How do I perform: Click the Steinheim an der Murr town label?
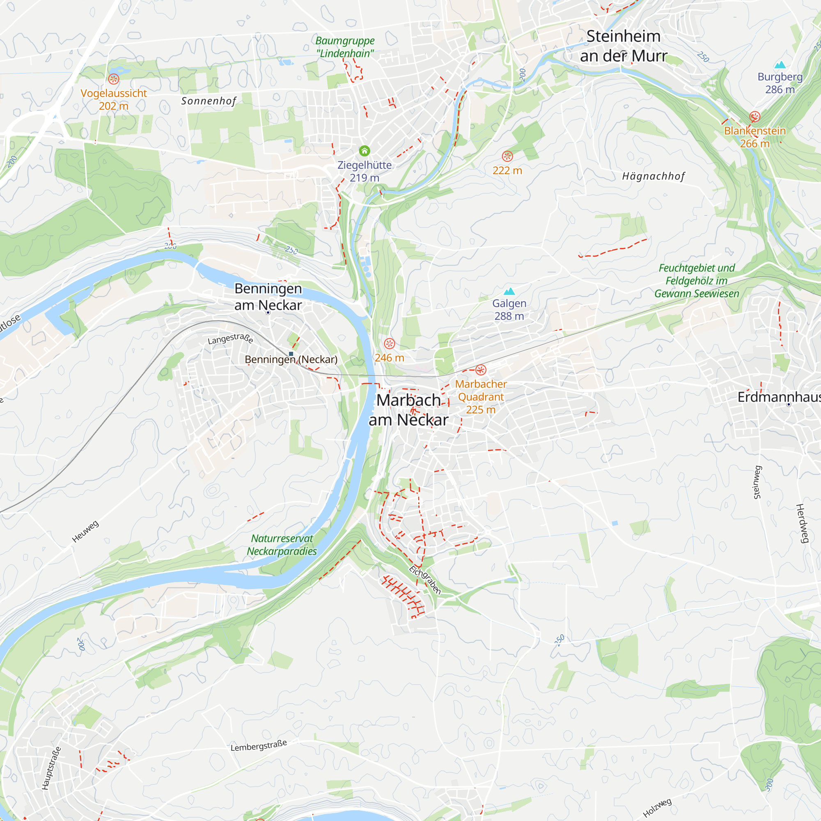point(623,46)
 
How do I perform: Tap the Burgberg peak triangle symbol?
point(780,65)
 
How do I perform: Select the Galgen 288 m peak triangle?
point(509,291)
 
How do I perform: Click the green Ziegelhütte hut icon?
point(364,151)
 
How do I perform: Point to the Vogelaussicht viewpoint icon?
point(113,79)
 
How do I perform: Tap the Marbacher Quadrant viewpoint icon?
point(481,370)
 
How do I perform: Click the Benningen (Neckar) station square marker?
point(291,353)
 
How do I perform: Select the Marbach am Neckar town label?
point(408,410)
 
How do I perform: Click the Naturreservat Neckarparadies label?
point(282,545)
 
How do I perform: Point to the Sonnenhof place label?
point(208,101)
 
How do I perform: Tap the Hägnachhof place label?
point(653,177)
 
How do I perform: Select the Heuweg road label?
point(85,531)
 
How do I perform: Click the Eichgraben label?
point(425,580)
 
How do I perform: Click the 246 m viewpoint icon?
point(389,343)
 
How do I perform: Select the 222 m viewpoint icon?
point(507,156)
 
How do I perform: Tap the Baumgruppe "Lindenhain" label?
point(345,47)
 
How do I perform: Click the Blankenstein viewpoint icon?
point(755,117)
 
